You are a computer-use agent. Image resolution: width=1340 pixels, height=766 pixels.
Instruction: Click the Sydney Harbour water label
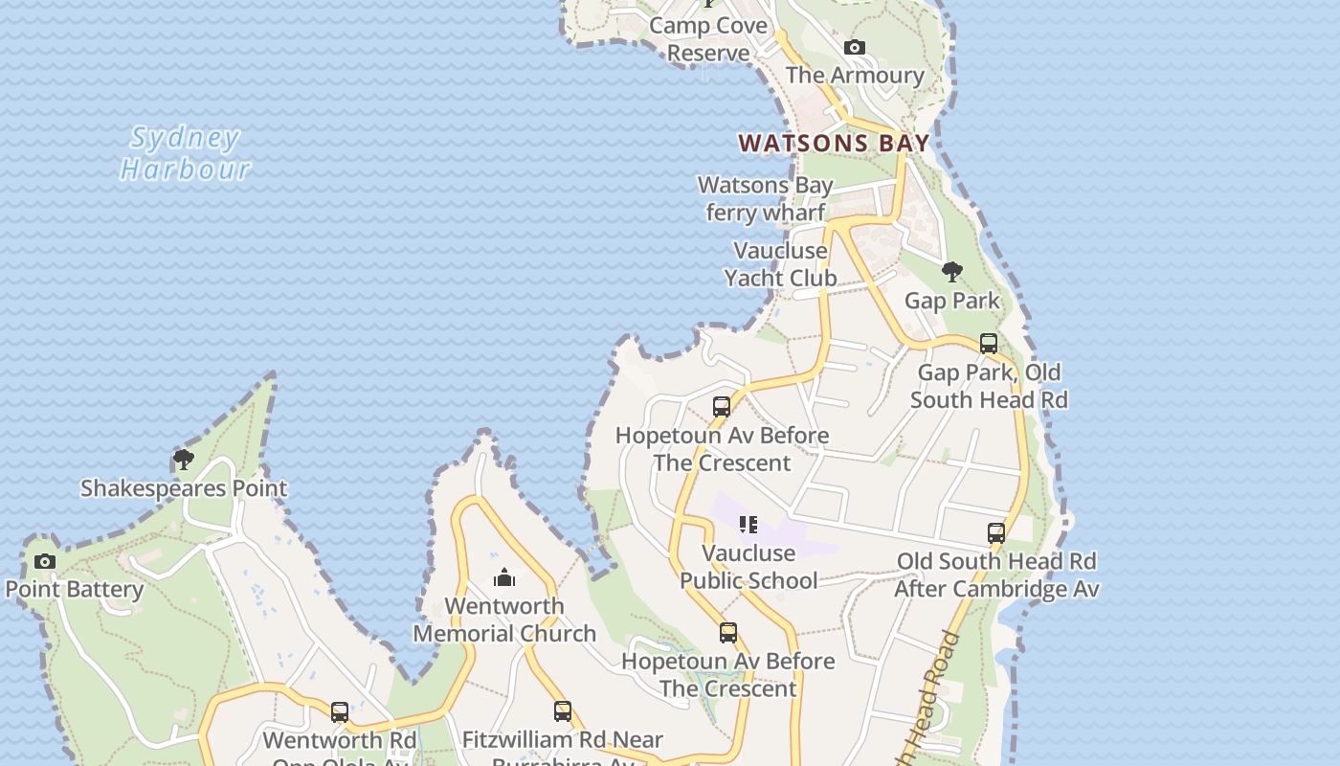coord(185,153)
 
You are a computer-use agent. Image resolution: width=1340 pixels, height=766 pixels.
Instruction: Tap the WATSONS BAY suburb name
coord(834,144)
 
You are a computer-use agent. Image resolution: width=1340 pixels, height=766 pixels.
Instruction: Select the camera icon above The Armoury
coord(855,47)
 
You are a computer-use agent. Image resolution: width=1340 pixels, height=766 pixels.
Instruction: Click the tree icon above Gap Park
coord(951,272)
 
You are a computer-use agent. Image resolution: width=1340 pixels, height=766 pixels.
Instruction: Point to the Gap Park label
coord(951,301)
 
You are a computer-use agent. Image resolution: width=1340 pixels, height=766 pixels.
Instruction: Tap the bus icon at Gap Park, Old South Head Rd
coord(989,343)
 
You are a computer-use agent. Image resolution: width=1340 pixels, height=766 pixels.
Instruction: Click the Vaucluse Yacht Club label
coord(780,264)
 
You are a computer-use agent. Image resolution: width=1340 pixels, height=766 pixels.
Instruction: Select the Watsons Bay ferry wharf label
coord(766,198)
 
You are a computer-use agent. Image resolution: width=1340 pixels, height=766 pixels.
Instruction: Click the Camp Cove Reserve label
coord(708,39)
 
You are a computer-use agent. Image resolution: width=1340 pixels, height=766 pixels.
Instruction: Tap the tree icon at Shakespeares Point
coord(183,460)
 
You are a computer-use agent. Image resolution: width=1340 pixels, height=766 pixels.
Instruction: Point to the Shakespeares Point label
coord(183,488)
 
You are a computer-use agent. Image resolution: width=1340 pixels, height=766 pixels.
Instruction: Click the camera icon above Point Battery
coord(45,561)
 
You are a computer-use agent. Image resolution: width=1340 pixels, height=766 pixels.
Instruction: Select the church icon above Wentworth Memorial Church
coord(504,577)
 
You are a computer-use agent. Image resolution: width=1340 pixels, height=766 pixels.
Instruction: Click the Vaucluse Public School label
coord(748,567)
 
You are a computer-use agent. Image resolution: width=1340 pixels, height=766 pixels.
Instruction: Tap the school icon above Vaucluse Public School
coord(748,525)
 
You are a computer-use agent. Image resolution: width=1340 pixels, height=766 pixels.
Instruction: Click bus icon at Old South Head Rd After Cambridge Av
coord(996,533)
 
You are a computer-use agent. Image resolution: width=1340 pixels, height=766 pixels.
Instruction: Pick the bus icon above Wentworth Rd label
coord(340,712)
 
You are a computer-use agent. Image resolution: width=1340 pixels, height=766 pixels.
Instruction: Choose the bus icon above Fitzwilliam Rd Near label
coord(563,711)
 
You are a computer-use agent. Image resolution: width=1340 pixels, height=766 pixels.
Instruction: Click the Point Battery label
coord(75,590)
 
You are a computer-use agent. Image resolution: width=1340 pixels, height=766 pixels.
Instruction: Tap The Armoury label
coord(855,76)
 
